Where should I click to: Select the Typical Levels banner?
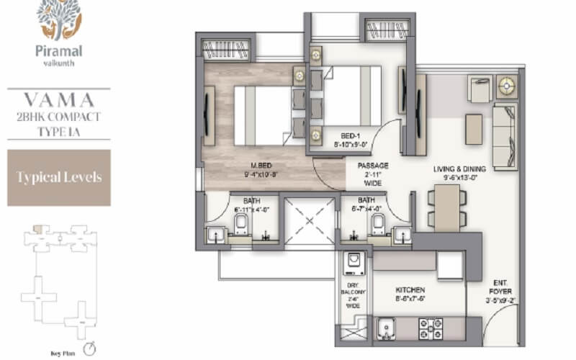tap(58, 177)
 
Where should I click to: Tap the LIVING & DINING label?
tap(459, 168)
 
